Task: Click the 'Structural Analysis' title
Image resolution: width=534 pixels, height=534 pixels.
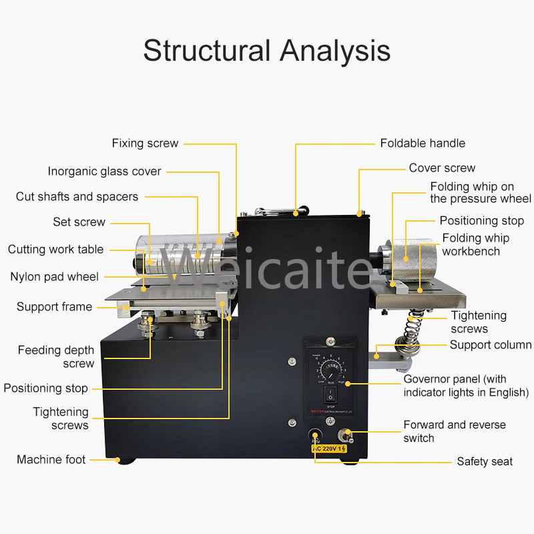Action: pyautogui.click(x=267, y=51)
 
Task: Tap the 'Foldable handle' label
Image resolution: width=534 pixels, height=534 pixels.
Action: pyautogui.click(x=423, y=143)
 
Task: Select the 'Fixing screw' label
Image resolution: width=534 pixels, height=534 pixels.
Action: pyautogui.click(x=145, y=143)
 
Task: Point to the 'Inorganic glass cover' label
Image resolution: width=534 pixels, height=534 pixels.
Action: pyautogui.click(x=104, y=172)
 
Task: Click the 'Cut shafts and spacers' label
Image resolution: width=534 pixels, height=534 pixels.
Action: pyautogui.click(x=77, y=197)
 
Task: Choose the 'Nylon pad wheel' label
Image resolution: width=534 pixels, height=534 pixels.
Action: pyautogui.click(x=54, y=276)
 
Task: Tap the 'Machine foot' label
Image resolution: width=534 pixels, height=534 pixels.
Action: pyautogui.click(x=51, y=459)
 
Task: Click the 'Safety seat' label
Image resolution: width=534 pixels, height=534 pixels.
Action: pyautogui.click(x=485, y=461)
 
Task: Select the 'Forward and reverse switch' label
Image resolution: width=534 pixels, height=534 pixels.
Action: pyautogui.click(x=454, y=431)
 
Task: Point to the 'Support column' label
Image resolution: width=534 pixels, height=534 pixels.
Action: pyautogui.click(x=490, y=345)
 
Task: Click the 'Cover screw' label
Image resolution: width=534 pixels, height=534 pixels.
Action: pyautogui.click(x=442, y=168)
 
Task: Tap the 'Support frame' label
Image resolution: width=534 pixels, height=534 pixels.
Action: pyautogui.click(x=54, y=307)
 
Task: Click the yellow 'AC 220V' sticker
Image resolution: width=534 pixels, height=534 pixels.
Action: pyautogui.click(x=330, y=449)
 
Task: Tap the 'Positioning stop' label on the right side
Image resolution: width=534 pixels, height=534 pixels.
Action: pyautogui.click(x=481, y=221)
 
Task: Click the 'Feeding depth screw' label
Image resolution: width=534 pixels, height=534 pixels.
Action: pyautogui.click(x=56, y=356)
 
